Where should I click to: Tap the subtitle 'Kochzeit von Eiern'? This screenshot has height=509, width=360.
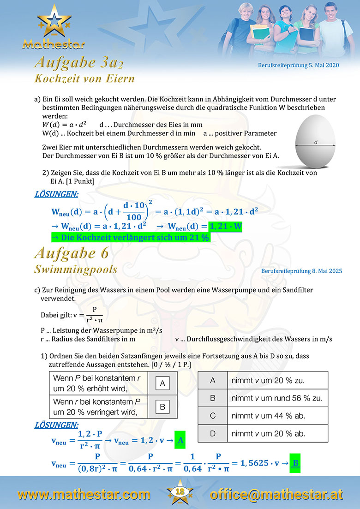[84, 78]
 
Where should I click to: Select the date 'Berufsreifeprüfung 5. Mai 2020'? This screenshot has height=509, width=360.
[298, 65]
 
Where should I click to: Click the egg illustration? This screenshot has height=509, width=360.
[316, 142]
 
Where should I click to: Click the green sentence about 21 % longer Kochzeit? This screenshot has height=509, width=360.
[130, 238]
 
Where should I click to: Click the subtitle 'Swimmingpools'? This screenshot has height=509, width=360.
[76, 269]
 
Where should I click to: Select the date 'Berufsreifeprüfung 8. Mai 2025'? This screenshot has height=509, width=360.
[301, 271]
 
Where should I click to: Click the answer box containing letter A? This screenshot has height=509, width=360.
[162, 383]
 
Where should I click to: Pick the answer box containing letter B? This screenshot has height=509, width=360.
[162, 407]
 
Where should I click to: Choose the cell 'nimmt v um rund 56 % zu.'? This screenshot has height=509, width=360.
[276, 398]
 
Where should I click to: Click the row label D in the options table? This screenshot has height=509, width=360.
[213, 433]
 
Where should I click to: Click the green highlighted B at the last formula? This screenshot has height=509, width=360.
[295, 462]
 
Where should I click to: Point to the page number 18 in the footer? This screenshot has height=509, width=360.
[180, 492]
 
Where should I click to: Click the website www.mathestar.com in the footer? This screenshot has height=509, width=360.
[84, 494]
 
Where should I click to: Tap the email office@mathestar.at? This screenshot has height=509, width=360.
[276, 494]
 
